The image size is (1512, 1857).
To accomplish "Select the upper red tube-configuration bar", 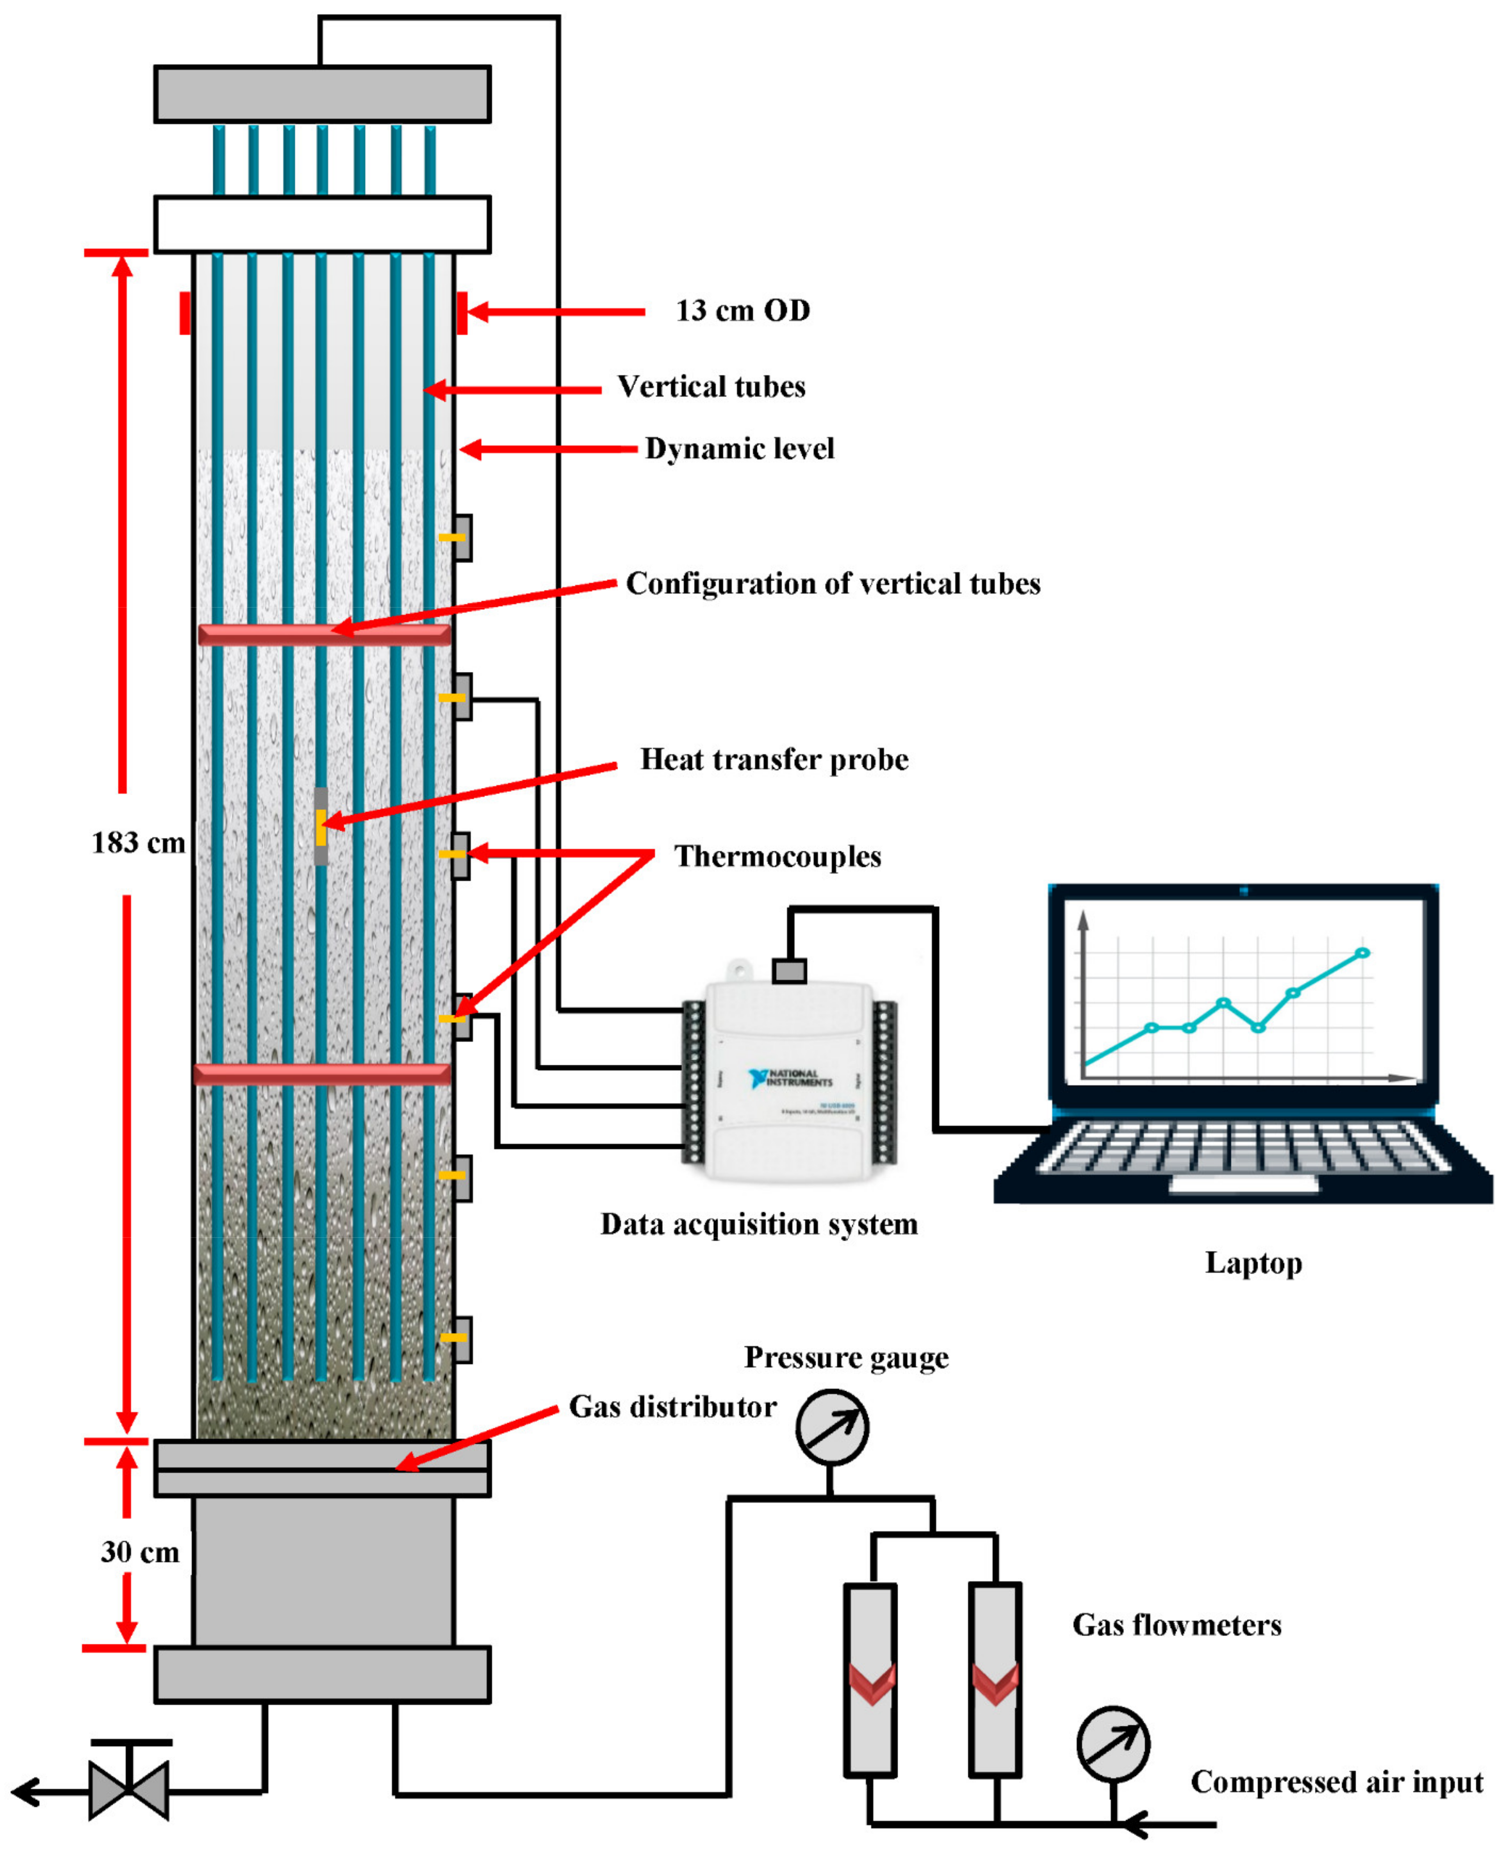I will coord(324,634).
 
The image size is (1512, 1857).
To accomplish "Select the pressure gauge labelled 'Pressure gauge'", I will coord(832,1427).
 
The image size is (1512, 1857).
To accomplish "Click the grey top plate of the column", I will coord(322,94).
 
